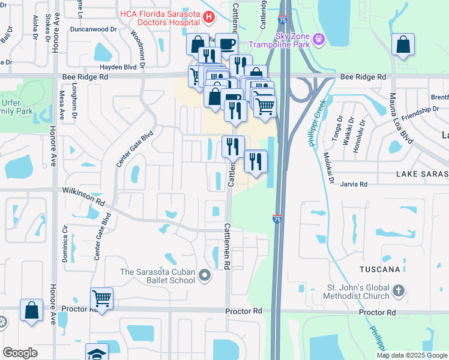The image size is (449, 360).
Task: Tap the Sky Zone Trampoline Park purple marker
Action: (319, 40)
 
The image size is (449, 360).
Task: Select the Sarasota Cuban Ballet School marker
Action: (205, 276)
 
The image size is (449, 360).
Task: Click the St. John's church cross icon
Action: (399, 292)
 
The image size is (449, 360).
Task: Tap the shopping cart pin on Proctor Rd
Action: (101, 298)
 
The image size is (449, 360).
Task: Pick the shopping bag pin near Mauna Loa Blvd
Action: (403, 45)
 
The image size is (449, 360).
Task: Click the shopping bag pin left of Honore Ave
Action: (31, 310)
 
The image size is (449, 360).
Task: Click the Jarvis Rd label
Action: (354, 185)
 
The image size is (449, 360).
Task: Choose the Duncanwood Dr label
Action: (93, 29)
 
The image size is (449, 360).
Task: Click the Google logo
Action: (20, 353)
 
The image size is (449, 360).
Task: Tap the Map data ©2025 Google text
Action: (411, 355)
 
